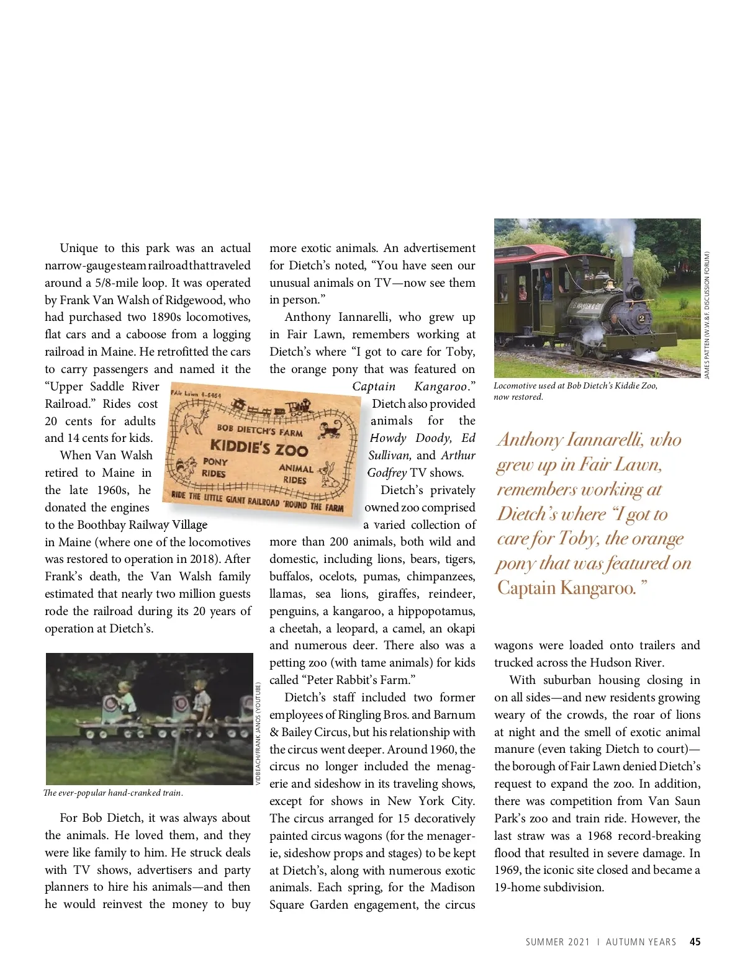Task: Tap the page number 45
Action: (x=695, y=942)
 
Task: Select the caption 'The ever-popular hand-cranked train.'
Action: (x=113, y=793)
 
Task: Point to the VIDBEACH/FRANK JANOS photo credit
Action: (x=258, y=733)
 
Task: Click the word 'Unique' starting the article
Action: (x=78, y=248)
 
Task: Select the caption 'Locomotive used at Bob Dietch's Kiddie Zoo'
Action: (x=575, y=385)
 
